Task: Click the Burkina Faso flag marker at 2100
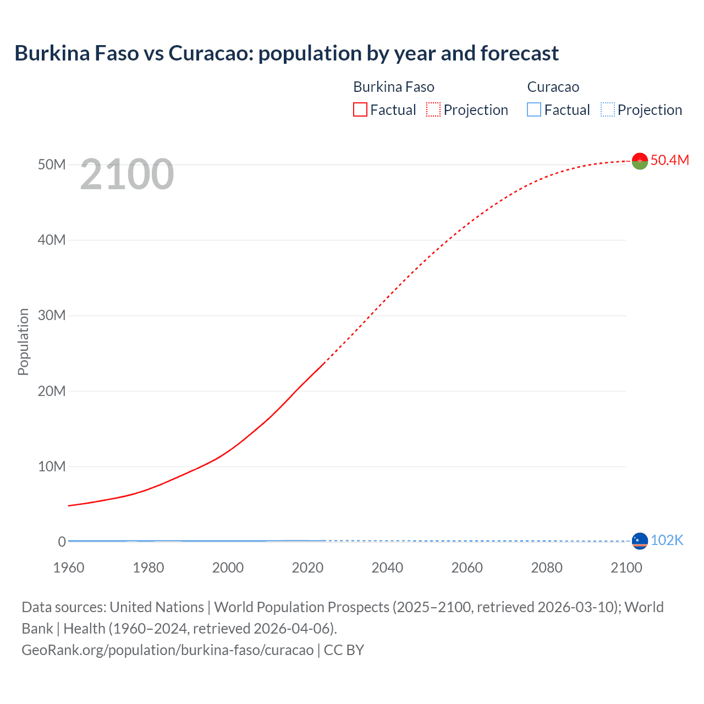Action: [x=640, y=161]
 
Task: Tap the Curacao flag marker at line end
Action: [x=640, y=541]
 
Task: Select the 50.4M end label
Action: [x=669, y=160]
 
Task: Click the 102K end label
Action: [x=667, y=541]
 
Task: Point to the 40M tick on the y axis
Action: [x=52, y=240]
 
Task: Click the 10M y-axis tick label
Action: [x=52, y=466]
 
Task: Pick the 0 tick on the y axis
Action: [x=62, y=542]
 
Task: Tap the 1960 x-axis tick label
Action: [x=69, y=568]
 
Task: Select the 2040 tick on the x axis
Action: [x=387, y=568]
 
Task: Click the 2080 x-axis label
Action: [x=547, y=568]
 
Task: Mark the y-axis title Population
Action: [x=23, y=342]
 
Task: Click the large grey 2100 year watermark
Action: [x=127, y=174]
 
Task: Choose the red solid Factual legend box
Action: [x=360, y=109]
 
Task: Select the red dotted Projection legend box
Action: [x=433, y=109]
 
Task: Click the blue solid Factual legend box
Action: [x=534, y=109]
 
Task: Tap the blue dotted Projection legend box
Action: [x=607, y=109]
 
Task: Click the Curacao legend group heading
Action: [x=553, y=87]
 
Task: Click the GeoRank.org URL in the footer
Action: [x=167, y=650]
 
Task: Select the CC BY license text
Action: [x=344, y=650]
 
